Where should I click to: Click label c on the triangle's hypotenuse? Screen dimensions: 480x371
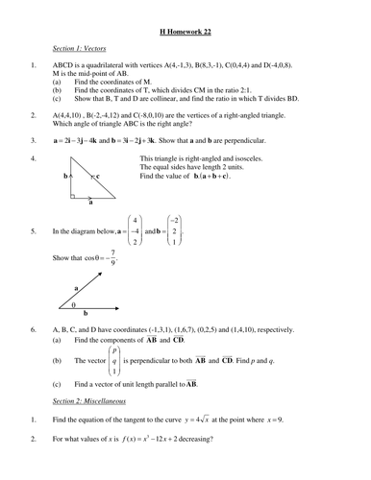[97, 177]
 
